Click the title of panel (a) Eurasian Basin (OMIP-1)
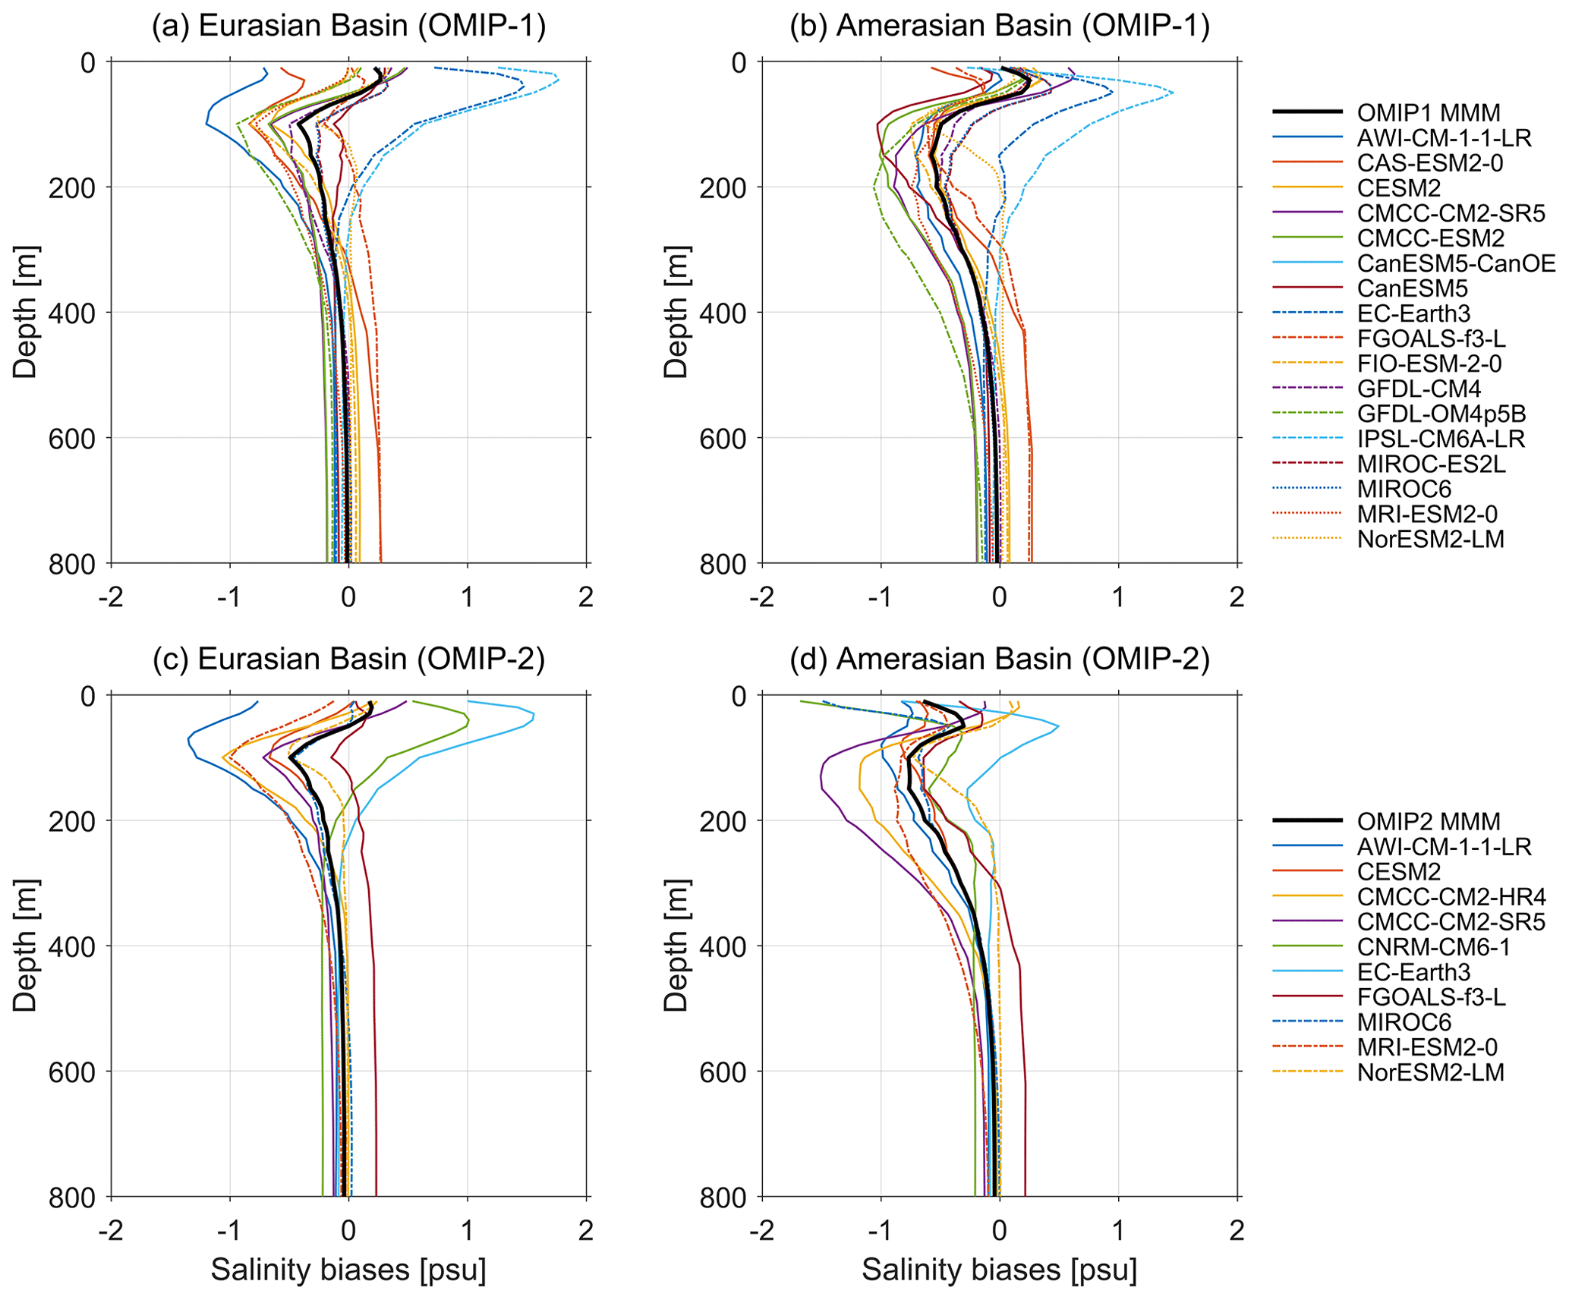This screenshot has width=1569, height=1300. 348,26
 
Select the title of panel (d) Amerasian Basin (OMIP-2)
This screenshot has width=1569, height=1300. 999,659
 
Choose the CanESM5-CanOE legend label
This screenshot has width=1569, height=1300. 1455,263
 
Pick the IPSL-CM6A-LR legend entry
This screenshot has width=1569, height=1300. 1440,439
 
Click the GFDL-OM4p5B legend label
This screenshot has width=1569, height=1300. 1441,414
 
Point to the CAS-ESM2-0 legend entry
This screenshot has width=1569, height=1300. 1429,163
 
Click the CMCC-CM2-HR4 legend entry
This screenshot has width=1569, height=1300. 1451,896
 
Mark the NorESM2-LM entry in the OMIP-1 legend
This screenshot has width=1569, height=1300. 1430,539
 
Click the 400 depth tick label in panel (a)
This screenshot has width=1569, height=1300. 72,313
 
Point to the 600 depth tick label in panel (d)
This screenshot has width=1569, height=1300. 723,1072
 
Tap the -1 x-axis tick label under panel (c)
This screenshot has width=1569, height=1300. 229,1230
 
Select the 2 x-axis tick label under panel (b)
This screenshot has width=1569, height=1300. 1237,597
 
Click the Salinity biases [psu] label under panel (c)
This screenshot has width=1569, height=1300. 348,1270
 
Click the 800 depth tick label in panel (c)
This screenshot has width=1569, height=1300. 72,1198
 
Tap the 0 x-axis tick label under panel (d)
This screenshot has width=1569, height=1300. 1000,1230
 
